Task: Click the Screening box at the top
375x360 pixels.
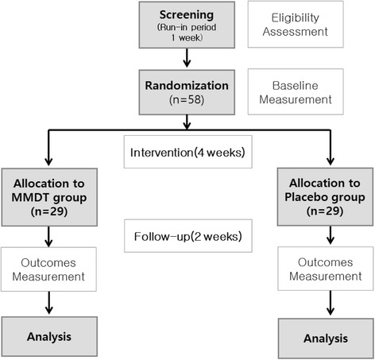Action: [x=186, y=25]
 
